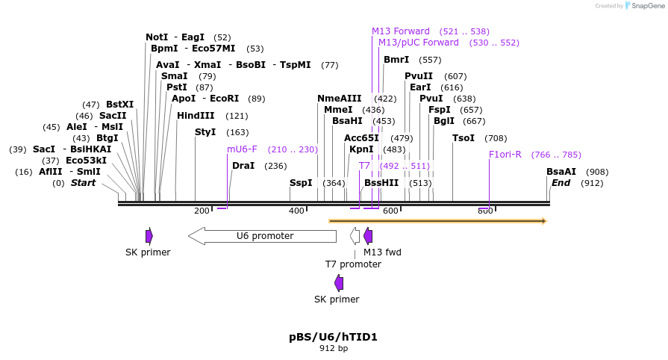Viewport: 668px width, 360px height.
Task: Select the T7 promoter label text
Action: coord(353,264)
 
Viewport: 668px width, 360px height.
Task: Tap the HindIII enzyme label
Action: coord(196,116)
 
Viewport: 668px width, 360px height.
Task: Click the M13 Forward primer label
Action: coord(401,31)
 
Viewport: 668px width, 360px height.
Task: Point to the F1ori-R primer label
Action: coord(505,155)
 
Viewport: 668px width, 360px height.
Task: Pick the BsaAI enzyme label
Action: coord(561,172)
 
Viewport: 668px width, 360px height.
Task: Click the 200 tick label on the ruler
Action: coord(202,211)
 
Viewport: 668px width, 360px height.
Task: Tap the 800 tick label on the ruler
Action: coord(485,211)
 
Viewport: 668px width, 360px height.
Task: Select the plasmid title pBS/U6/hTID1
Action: coord(334,337)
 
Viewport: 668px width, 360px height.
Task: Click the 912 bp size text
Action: coord(334,348)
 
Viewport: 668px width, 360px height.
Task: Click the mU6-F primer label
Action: coord(242,149)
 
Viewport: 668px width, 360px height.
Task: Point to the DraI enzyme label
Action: coord(243,166)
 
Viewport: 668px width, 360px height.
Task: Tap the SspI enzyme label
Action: coord(301,183)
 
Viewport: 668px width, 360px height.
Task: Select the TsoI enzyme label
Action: coord(463,138)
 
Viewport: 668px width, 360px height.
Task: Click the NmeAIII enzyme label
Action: coord(339,99)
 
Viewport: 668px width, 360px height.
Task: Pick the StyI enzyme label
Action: coord(205,132)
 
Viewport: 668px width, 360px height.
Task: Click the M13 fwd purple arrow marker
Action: coord(368,236)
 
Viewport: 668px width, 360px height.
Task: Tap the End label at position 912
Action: coord(561,183)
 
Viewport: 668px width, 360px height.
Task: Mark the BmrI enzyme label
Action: coord(396,60)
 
